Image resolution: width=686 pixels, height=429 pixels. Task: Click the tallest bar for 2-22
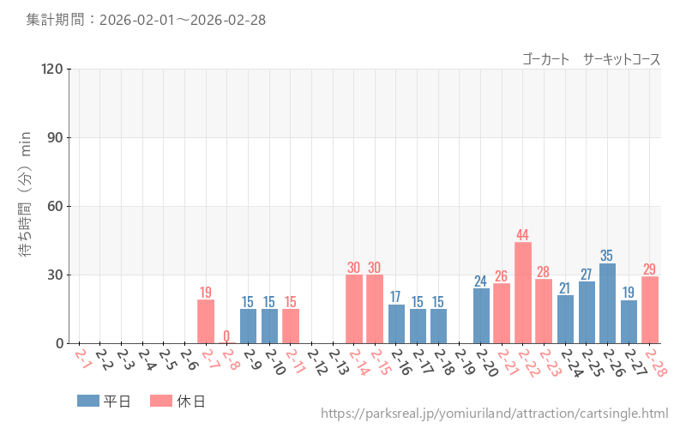pyautogui.click(x=523, y=293)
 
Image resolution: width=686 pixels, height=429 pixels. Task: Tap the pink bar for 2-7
pyautogui.click(x=206, y=321)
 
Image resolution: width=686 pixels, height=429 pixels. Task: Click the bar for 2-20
pyautogui.click(x=481, y=316)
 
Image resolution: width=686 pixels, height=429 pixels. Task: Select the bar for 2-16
pyautogui.click(x=396, y=323)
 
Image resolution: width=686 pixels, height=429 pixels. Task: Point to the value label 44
pyautogui.click(x=523, y=234)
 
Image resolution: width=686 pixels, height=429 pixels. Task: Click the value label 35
pyautogui.click(x=607, y=256)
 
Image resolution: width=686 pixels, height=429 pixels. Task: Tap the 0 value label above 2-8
pyautogui.click(x=226, y=335)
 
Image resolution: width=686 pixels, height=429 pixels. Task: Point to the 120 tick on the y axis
pyautogui.click(x=52, y=69)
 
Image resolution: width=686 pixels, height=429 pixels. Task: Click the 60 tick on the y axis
pyautogui.click(x=55, y=206)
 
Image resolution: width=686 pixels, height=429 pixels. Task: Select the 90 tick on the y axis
pyautogui.click(x=55, y=137)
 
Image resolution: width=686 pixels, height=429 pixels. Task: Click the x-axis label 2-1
pyautogui.click(x=82, y=357)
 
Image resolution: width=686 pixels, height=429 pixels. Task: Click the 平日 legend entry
pyautogui.click(x=104, y=401)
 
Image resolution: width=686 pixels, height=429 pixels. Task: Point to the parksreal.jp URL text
pyautogui.click(x=494, y=414)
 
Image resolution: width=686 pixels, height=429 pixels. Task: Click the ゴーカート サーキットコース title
pyautogui.click(x=591, y=59)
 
